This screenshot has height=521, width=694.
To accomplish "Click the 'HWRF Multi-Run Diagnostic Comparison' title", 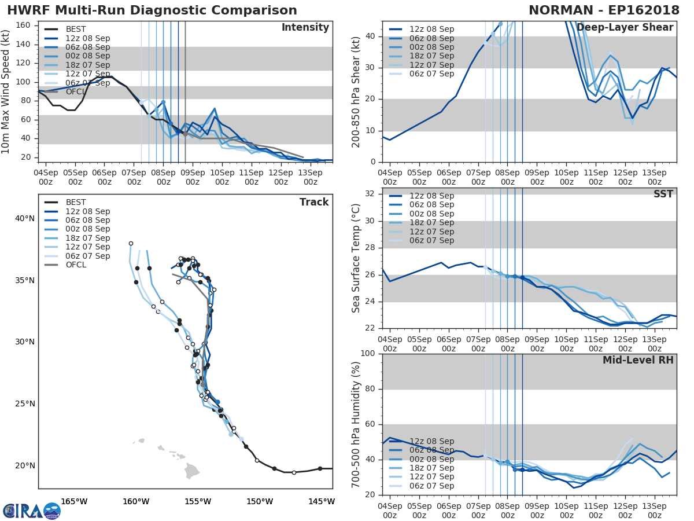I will (152, 10).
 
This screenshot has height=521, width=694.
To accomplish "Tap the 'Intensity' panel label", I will (305, 28).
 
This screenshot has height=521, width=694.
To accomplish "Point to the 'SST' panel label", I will (663, 194).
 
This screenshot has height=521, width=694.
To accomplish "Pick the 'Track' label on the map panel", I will (313, 202).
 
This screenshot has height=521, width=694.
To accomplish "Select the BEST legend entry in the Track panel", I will (75, 203).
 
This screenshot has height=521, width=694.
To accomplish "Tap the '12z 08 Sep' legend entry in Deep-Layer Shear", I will (431, 29).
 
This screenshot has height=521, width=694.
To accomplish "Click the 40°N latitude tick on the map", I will (24, 218).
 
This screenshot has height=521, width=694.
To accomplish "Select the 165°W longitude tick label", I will (74, 501).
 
